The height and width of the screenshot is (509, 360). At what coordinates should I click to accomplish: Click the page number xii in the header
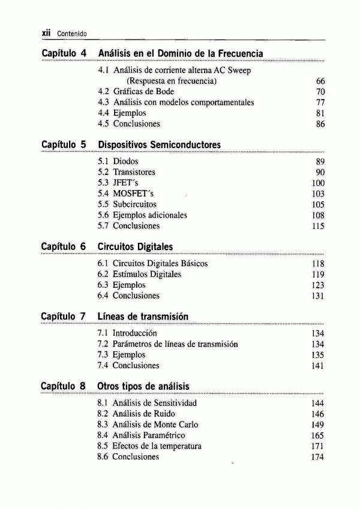47,33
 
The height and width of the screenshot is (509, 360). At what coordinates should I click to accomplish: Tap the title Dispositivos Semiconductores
159,145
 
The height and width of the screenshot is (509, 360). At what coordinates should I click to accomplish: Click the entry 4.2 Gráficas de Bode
136,92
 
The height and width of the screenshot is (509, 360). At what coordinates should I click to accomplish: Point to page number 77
320,103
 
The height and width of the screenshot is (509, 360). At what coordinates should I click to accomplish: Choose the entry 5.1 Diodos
118,161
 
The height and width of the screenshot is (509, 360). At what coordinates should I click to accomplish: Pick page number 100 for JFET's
318,183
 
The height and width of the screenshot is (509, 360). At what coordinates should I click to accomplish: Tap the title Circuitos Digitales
135,247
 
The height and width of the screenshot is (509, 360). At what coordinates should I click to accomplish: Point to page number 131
318,296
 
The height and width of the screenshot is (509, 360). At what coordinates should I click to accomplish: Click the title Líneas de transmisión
143,316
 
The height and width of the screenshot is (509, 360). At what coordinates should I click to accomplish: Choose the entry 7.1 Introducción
127,333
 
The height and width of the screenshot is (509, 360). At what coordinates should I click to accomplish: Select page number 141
318,366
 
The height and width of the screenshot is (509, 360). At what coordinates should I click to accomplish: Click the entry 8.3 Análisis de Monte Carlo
148,424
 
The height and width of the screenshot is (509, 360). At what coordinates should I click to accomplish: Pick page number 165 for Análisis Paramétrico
317,436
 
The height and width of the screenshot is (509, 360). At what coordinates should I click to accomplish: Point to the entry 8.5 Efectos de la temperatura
149,446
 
